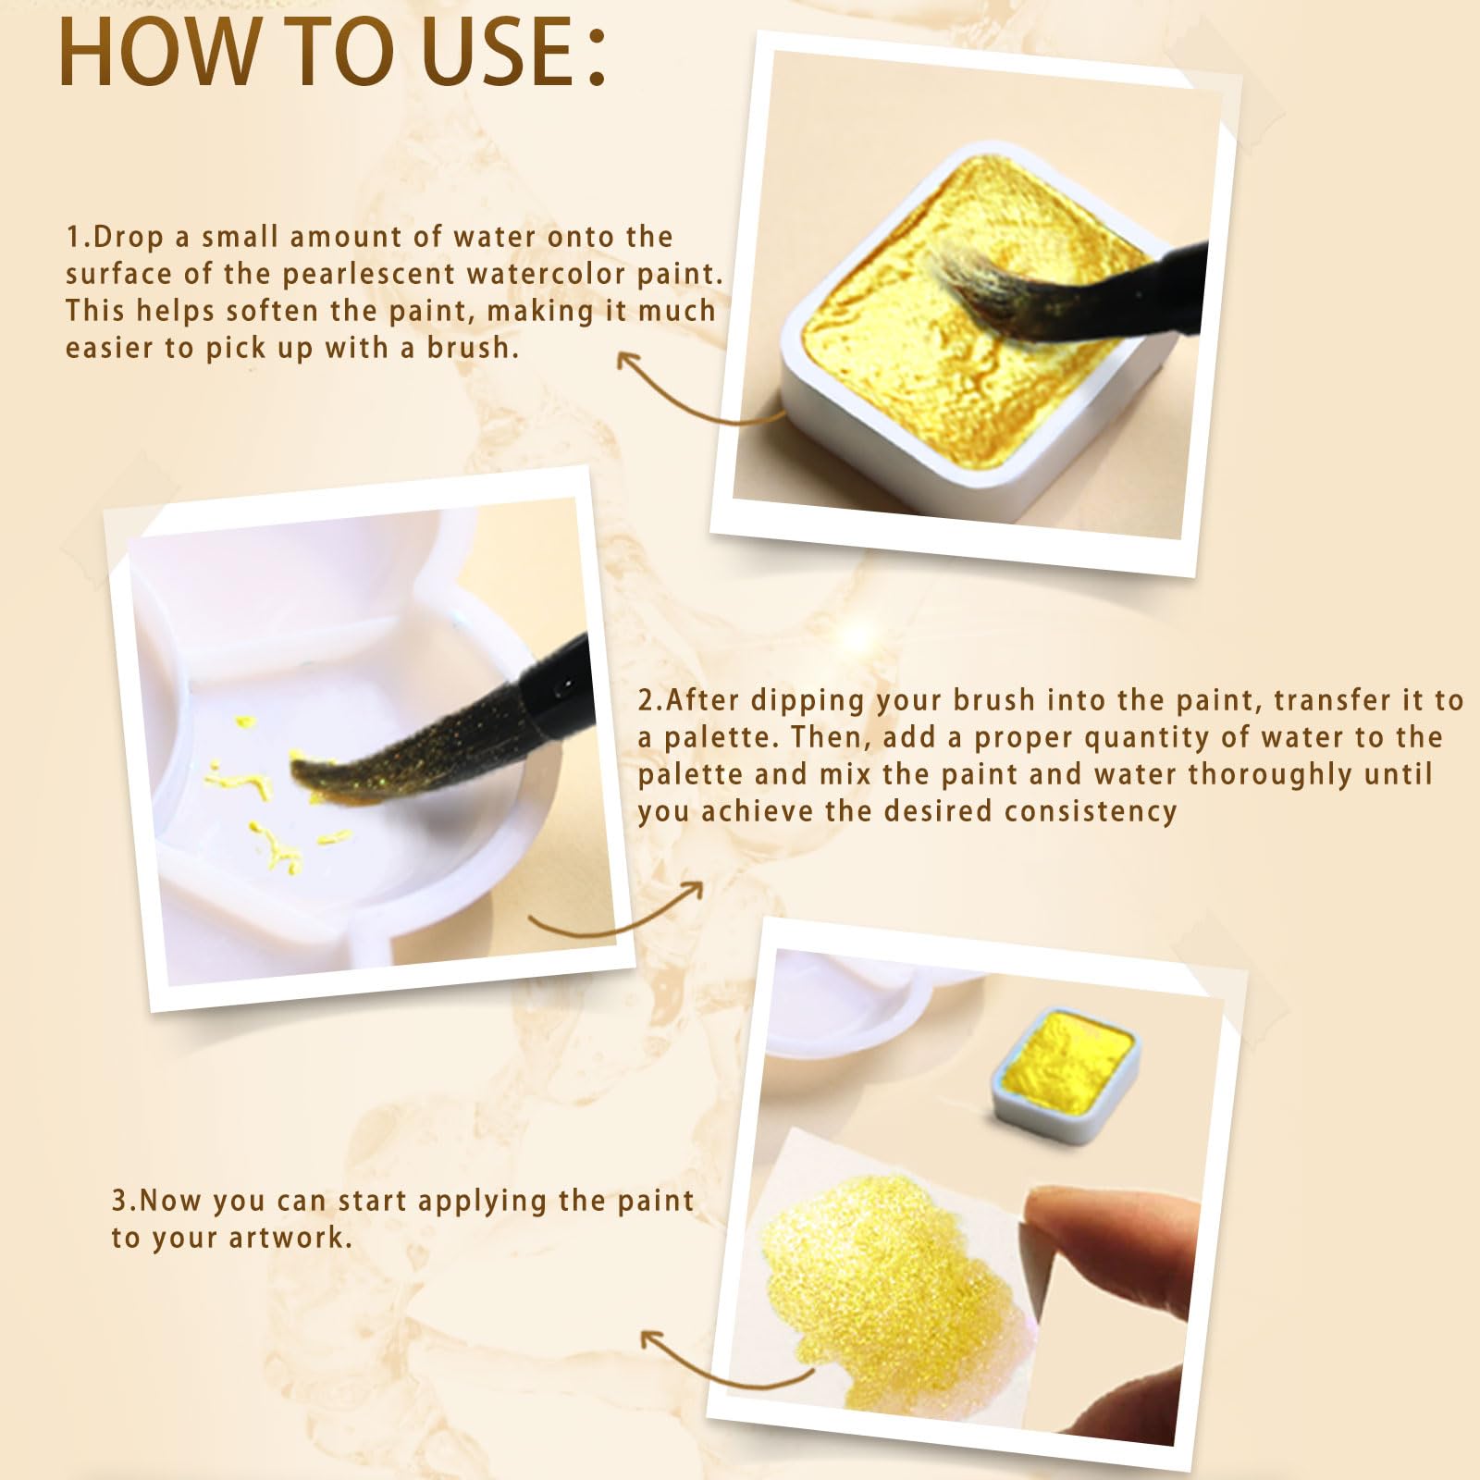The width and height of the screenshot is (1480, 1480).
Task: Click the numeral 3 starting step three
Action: [119, 1201]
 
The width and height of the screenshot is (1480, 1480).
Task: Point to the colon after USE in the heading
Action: [596, 57]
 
